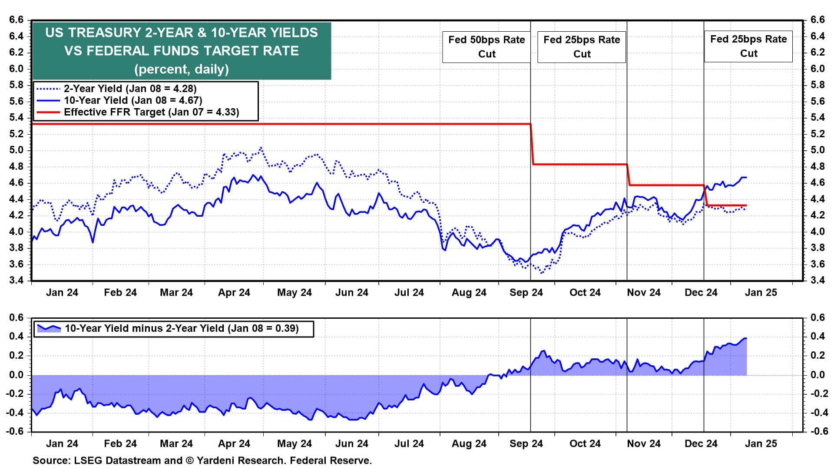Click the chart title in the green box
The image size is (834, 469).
click(182, 51)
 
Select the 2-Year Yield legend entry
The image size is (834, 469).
click(130, 89)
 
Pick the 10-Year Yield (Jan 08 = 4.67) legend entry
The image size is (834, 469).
click(132, 100)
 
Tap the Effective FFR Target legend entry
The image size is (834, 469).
click(151, 112)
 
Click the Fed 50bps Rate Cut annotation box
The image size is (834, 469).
click(486, 47)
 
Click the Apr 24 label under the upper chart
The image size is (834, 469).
click(234, 293)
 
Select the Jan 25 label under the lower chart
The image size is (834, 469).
click(761, 444)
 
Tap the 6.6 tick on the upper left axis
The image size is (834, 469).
click(16, 20)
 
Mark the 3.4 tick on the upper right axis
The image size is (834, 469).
click(817, 281)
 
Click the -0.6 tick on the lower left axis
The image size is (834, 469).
click(15, 431)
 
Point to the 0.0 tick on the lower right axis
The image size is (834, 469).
click(818, 375)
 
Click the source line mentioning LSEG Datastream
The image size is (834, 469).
click(202, 460)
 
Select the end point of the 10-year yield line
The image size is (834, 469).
click(746, 177)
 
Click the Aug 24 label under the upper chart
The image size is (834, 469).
click(469, 293)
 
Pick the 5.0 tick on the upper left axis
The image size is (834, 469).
click(16, 150)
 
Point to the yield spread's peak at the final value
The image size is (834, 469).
click(746, 338)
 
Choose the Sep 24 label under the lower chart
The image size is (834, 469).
click(526, 444)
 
